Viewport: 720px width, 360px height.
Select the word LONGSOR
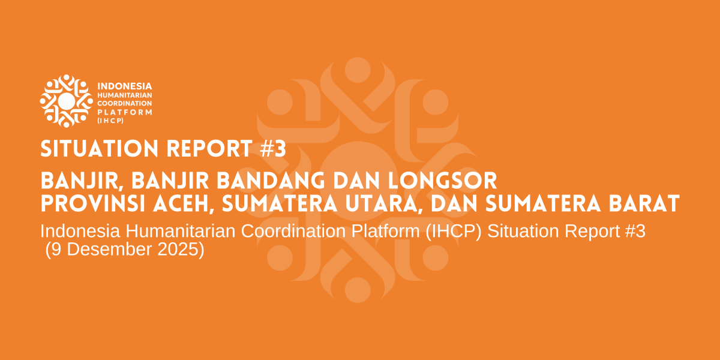[x=443, y=181]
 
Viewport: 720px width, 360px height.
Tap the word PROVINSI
[x=93, y=203]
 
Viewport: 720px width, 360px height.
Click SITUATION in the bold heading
[x=100, y=149]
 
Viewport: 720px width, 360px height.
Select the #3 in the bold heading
[x=273, y=149]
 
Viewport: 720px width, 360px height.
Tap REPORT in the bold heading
[x=209, y=149]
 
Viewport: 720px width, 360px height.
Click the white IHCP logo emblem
[x=67, y=101]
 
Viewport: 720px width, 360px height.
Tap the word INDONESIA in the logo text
[x=125, y=86]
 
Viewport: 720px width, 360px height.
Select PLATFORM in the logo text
[x=125, y=112]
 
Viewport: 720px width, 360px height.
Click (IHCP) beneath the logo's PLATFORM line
[x=110, y=121]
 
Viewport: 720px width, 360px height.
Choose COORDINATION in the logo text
[x=125, y=103]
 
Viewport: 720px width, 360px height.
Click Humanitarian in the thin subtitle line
[x=181, y=231]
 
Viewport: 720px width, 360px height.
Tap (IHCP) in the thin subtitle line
[x=454, y=232]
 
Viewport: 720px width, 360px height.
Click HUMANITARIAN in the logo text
[x=125, y=95]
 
